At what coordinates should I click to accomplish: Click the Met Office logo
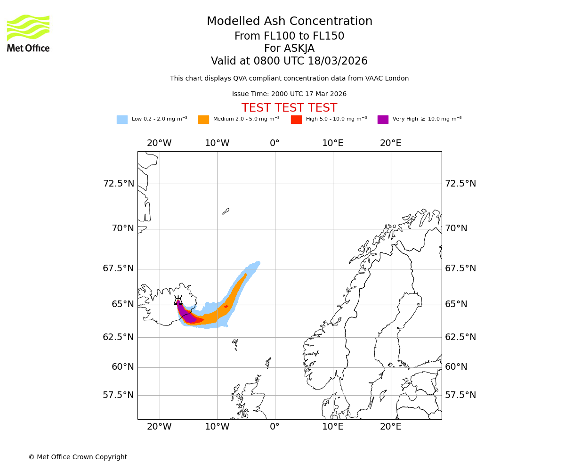28,33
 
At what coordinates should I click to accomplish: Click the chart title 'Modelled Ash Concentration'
289,22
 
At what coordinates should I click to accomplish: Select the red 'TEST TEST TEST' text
289,108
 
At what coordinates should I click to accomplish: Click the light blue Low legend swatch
122,120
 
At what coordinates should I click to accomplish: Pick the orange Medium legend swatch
203,120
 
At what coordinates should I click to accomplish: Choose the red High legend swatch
296,120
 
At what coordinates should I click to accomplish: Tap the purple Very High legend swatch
383,120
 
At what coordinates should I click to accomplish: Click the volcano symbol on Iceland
178,300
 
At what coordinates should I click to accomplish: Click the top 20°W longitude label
159,143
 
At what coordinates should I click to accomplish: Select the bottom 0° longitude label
275,427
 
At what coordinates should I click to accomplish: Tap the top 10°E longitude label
333,143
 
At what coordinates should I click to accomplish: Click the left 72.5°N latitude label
119,184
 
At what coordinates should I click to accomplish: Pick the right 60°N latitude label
456,367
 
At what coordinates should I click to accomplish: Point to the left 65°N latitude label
122,304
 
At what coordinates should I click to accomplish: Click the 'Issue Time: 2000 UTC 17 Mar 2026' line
289,94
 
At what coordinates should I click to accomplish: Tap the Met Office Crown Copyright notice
78,457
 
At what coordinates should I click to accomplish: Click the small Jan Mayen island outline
226,211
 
